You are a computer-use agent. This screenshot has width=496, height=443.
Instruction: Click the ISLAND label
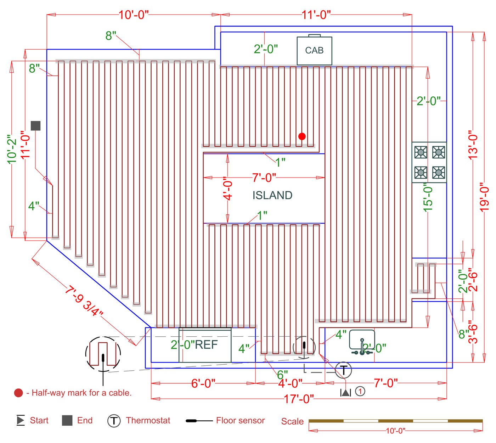pos(272,195)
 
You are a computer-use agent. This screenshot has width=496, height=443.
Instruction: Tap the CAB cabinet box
pos(314,51)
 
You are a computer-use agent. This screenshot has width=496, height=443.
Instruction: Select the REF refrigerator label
pos(206,344)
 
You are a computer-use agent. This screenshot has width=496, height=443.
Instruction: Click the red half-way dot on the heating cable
pos(302,136)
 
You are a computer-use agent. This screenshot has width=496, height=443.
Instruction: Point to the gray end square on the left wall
pos(35,125)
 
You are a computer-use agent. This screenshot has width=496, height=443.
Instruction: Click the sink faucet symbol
pos(362,347)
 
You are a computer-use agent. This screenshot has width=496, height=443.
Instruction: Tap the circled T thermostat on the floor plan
pos(343,370)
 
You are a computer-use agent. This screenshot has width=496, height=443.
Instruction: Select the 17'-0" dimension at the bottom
pos(299,399)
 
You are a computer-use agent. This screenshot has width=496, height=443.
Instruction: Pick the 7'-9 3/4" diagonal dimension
pos(84,301)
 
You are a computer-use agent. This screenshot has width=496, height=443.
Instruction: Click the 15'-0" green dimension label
pos(428,198)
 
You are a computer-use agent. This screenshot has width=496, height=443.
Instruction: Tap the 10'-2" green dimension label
pos(12,150)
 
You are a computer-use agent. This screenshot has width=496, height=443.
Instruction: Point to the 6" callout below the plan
pos(282,375)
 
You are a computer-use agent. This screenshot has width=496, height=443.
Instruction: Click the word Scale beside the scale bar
pos(292,421)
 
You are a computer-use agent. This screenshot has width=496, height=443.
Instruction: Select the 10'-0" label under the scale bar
pos(396,431)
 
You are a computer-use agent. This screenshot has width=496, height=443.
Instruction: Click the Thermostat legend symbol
pos(114,421)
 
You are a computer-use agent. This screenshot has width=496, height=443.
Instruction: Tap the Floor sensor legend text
pos(240,420)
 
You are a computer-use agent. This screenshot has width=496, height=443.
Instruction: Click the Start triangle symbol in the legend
pos(21,420)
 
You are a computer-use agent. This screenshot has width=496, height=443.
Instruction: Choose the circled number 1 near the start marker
pos(360,391)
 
